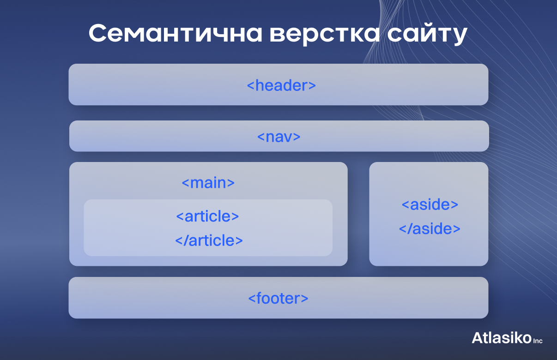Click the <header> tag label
point(281,85)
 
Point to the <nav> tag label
point(279,137)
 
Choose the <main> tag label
point(208,183)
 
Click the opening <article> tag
point(208,216)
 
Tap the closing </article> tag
point(209,240)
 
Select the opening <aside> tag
point(430,204)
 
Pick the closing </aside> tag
point(430,228)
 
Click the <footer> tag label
point(278,298)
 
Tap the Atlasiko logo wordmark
point(502,338)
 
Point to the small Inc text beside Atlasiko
point(538,341)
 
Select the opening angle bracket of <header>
point(250,86)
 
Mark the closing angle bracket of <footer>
point(305,299)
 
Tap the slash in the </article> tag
point(185,240)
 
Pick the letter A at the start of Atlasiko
point(477,338)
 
